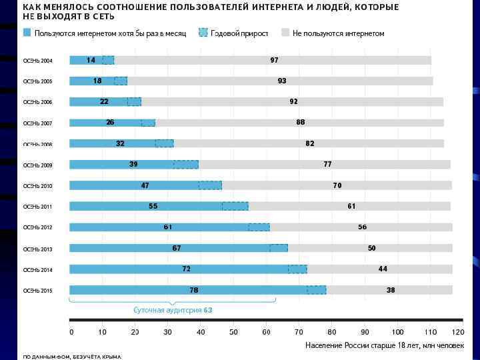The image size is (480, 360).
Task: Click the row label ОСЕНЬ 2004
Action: pyautogui.click(x=37, y=61)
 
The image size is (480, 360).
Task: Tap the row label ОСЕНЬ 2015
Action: pyautogui.click(x=37, y=291)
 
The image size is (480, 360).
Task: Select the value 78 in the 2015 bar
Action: pyautogui.click(x=193, y=290)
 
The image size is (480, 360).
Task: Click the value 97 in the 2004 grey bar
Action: pyautogui.click(x=274, y=60)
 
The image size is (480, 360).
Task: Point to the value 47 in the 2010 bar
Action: pyautogui.click(x=145, y=185)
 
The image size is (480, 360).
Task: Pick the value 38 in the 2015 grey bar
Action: pyautogui.click(x=391, y=290)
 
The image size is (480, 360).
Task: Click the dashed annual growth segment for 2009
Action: pyautogui.click(x=186, y=165)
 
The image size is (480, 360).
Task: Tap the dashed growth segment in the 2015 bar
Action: pyautogui.click(x=316, y=290)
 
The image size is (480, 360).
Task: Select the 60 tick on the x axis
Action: pyautogui.click(x=267, y=332)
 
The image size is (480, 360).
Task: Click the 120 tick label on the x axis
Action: pyautogui.click(x=457, y=332)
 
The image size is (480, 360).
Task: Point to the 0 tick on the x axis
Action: pyautogui.click(x=71, y=332)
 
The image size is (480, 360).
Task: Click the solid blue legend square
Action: pyautogui.click(x=27, y=33)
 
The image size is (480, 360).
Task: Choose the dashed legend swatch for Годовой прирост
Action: pyautogui.click(x=203, y=33)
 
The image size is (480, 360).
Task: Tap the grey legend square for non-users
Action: pyautogui.click(x=285, y=33)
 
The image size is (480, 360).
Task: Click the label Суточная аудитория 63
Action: pyautogui.click(x=173, y=311)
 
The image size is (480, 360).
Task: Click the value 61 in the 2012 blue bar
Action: pyautogui.click(x=168, y=227)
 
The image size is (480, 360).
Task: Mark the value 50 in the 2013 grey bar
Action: pyautogui.click(x=372, y=248)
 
